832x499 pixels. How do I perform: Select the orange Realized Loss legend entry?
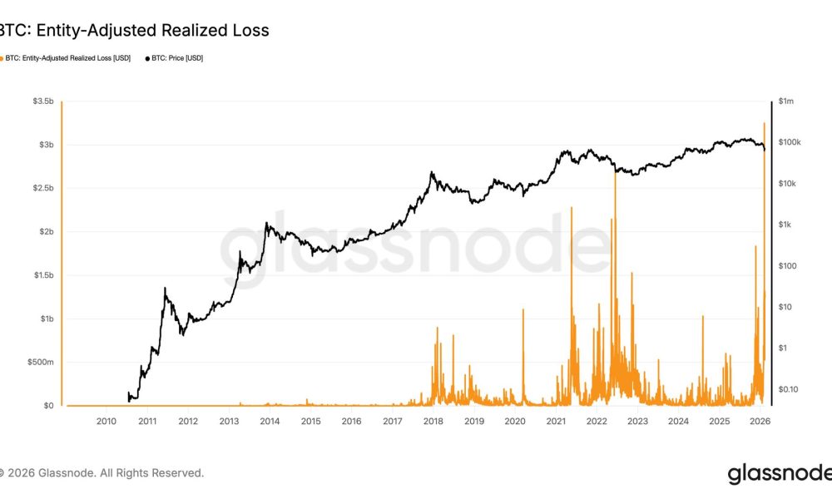tap(66, 58)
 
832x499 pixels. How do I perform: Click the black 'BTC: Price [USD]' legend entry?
tap(174, 58)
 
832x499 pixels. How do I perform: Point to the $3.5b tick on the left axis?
tap(42, 101)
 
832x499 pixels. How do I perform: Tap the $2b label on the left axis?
tap(44, 232)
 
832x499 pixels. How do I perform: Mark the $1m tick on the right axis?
tap(785, 101)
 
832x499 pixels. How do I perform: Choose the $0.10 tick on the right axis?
tap(788, 389)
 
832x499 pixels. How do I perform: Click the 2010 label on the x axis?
tap(106, 422)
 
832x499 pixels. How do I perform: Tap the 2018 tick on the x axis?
tap(433, 422)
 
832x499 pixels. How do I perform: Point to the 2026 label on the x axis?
tap(760, 422)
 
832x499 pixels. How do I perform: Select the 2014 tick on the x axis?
tap(270, 422)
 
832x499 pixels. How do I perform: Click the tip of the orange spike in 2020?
tap(523, 309)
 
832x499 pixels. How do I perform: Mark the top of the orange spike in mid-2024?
tap(703, 317)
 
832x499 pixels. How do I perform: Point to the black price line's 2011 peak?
tap(165, 288)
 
